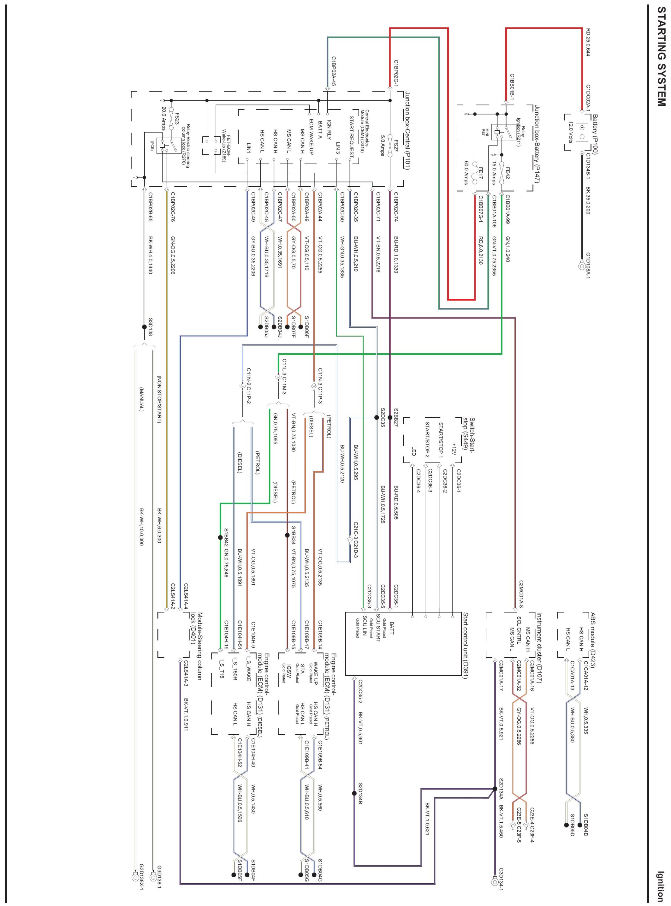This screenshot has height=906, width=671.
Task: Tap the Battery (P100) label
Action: (x=595, y=134)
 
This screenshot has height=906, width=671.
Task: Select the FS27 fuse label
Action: (x=396, y=145)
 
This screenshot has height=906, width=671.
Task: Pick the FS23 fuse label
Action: (x=177, y=120)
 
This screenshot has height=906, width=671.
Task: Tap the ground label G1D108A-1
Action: (x=587, y=266)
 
